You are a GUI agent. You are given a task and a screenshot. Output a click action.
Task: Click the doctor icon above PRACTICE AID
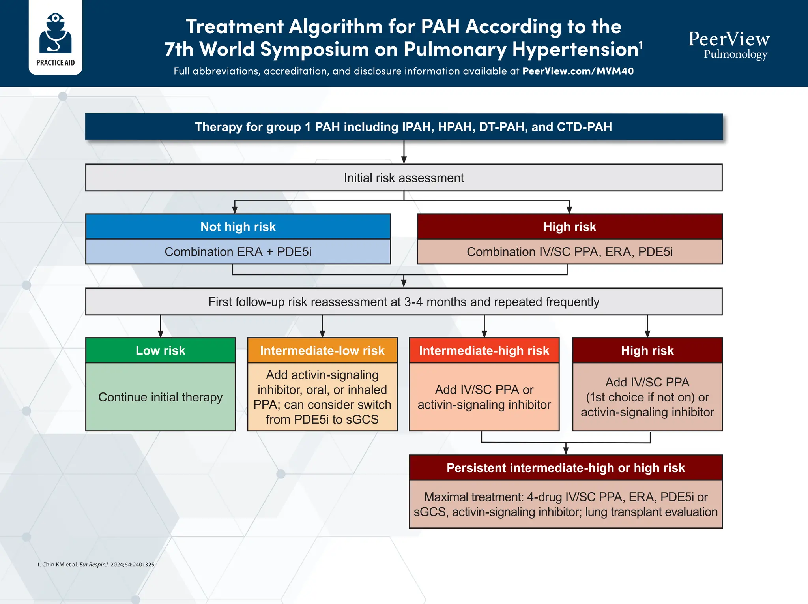click(55, 34)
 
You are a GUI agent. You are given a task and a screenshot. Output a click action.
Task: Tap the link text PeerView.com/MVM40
click(578, 71)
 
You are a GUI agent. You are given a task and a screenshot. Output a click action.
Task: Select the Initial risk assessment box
click(404, 178)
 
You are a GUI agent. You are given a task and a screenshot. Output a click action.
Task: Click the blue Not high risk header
click(238, 227)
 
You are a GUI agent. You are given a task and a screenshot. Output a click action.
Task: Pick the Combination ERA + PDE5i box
click(238, 252)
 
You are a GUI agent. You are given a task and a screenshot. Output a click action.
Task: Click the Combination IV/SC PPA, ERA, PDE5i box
click(569, 252)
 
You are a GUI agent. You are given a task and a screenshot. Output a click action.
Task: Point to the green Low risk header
click(160, 351)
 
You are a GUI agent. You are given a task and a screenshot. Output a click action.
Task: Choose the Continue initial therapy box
click(160, 397)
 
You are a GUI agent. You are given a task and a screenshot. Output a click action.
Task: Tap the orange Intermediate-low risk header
click(322, 351)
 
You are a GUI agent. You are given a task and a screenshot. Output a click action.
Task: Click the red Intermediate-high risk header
click(484, 351)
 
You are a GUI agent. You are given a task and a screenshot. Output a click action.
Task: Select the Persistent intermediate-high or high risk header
click(565, 468)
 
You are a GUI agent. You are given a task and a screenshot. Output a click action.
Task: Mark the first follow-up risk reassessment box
click(404, 302)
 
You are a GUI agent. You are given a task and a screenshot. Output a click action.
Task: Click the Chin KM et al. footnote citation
click(96, 565)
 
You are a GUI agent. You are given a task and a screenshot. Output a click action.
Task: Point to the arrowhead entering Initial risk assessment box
click(404, 160)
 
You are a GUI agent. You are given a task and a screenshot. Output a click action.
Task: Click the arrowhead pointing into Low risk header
click(160, 334)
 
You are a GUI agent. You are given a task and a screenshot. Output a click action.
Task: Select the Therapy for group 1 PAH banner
click(404, 127)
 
